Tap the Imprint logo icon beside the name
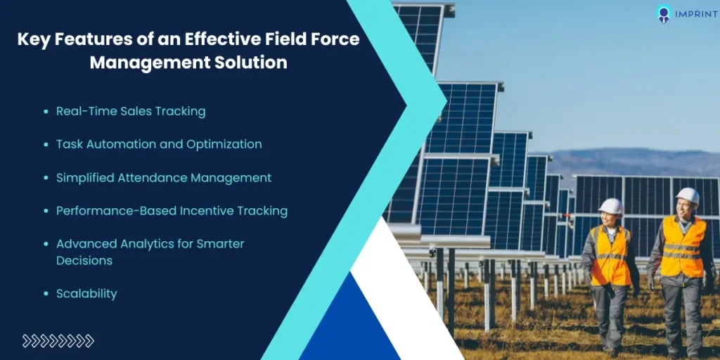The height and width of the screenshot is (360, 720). point(662,14)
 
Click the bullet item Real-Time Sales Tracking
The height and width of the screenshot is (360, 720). point(131,111)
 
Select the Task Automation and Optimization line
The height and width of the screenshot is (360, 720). point(159,144)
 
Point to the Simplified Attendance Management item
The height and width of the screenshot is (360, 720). point(164,178)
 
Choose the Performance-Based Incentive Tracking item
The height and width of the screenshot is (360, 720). point(172,211)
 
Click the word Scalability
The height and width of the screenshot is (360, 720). point(86,294)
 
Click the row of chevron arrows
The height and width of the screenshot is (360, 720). point(58,341)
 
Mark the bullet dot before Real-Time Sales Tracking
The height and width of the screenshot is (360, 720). point(46,112)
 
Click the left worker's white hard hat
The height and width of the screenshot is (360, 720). point(610,205)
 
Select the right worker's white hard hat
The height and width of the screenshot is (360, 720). point(687,195)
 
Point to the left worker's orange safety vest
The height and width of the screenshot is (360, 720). point(609,255)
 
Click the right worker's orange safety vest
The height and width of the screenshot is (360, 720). point(682,246)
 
